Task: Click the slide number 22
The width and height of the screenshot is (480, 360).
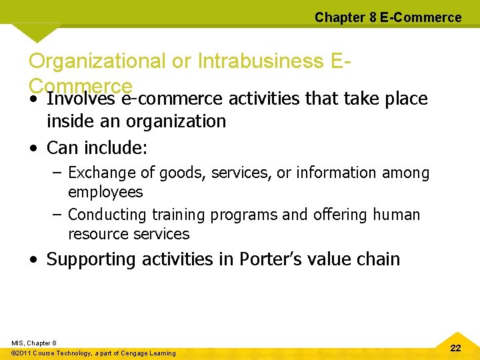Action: (x=456, y=348)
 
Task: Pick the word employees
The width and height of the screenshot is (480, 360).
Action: (x=105, y=192)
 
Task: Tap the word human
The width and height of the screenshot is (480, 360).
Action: (x=397, y=215)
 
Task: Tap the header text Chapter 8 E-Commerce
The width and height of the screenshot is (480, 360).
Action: (x=387, y=17)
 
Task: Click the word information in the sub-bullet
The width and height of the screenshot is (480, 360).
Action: (x=337, y=173)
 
